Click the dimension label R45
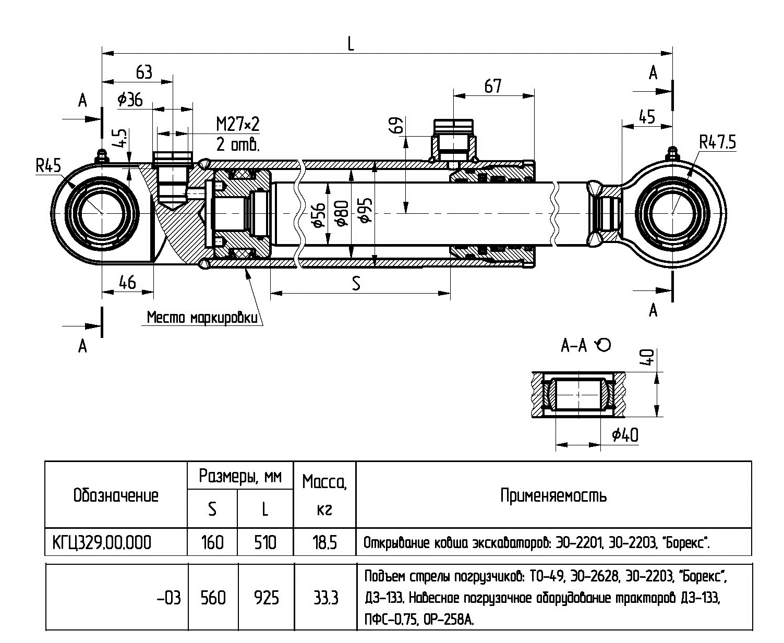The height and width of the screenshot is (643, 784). click(x=48, y=166)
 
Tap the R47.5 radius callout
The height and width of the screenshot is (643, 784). click(x=718, y=142)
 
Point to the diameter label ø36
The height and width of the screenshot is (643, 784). click(x=130, y=100)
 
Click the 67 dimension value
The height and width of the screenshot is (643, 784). click(x=493, y=86)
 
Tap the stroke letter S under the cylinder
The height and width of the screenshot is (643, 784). click(x=356, y=283)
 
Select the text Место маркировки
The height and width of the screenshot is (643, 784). click(x=202, y=318)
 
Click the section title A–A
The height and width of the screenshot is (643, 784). click(x=574, y=345)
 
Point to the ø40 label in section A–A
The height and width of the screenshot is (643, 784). click(x=625, y=434)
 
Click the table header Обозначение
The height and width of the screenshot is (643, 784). click(x=116, y=495)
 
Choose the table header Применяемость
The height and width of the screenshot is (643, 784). click(x=553, y=495)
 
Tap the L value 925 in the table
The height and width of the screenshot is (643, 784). click(x=266, y=597)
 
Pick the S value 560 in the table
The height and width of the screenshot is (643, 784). click(x=213, y=597)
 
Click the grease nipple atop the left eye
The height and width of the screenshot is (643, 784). click(x=101, y=155)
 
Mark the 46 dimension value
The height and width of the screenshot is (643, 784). click(x=127, y=282)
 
